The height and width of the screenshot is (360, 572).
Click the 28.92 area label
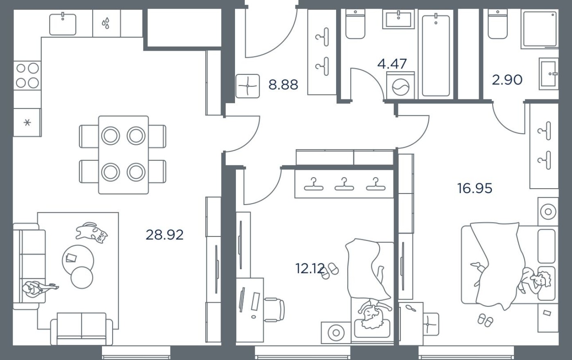coord(165,235)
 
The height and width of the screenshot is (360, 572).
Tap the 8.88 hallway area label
coord(283,85)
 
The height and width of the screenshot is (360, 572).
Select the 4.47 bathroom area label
coord(392,64)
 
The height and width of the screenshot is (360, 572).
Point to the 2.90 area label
coord(507,80)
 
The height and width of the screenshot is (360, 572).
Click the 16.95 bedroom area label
coord(475,188)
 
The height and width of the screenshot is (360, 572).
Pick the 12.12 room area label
coord(310,268)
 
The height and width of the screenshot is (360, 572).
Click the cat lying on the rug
coord(91,232)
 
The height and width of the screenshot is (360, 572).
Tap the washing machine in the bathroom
coord(400,87)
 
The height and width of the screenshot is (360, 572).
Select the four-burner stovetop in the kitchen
coord(27,75)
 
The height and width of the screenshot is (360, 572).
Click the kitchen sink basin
coord(63,24)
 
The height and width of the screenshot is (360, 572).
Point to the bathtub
coord(436,55)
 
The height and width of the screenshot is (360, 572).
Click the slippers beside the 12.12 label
coord(330,271)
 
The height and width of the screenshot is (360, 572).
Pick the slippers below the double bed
coord(486,320)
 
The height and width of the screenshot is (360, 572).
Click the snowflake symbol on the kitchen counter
coord(27,122)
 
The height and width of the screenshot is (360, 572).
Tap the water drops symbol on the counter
coord(106,23)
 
